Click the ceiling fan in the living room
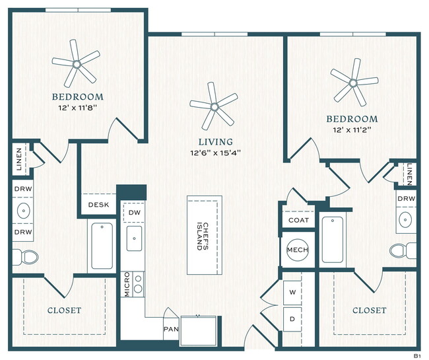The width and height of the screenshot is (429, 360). [213, 104]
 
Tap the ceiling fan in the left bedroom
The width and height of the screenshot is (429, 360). [77, 64]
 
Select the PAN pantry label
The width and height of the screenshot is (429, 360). [170, 328]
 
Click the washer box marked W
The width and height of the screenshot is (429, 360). [292, 291]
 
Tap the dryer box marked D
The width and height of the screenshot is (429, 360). [292, 318]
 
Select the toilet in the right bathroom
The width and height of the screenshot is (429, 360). [401, 250]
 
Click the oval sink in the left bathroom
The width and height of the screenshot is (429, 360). [24, 213]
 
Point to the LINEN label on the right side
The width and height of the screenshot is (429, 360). [410, 174]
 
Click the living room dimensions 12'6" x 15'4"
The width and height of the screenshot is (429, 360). [216, 153]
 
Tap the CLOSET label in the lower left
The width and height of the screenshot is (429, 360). [64, 310]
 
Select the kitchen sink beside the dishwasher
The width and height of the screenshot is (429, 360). [134, 239]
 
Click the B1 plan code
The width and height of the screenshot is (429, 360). [417, 355]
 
